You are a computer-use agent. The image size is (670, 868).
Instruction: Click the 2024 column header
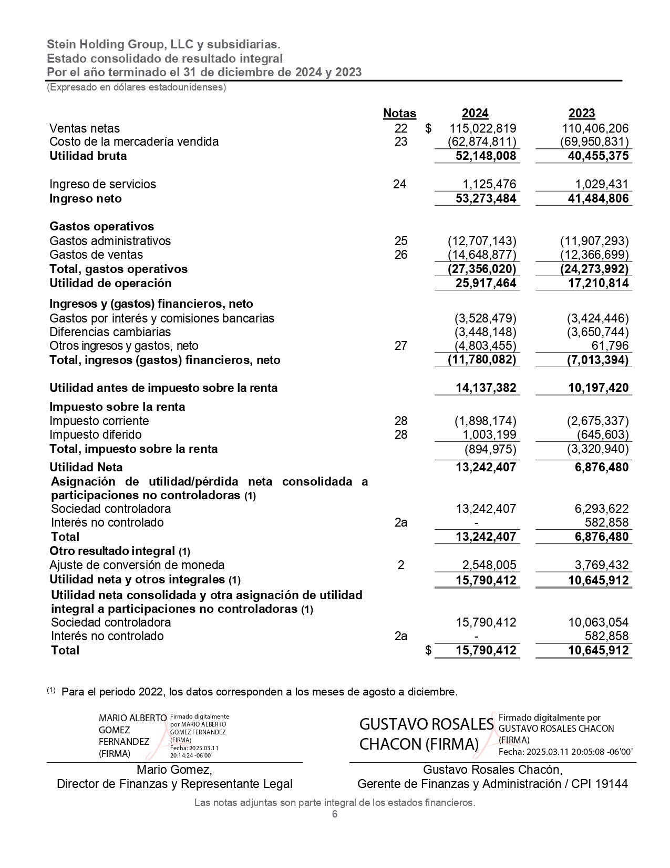(475, 114)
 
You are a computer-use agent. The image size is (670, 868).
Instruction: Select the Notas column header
(399, 114)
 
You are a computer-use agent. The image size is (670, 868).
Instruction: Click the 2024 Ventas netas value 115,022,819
(482, 128)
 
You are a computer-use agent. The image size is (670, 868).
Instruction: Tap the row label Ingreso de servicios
(102, 184)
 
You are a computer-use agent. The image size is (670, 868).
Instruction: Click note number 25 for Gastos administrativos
(400, 241)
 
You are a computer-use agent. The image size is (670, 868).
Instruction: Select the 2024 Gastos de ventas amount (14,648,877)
(482, 255)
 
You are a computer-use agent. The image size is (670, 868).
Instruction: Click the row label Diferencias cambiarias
(110, 332)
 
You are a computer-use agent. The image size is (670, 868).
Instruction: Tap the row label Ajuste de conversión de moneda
(137, 566)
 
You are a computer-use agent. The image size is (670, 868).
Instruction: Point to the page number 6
(335, 814)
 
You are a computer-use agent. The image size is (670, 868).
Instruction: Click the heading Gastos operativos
(101, 227)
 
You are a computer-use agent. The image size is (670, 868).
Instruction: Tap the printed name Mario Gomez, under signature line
(174, 770)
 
